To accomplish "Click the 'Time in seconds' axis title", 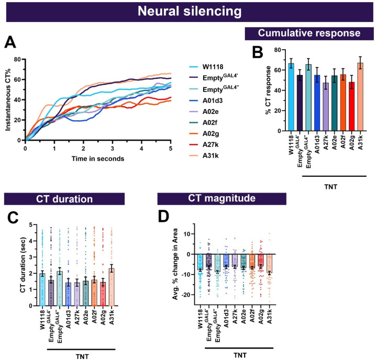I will [98, 158].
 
